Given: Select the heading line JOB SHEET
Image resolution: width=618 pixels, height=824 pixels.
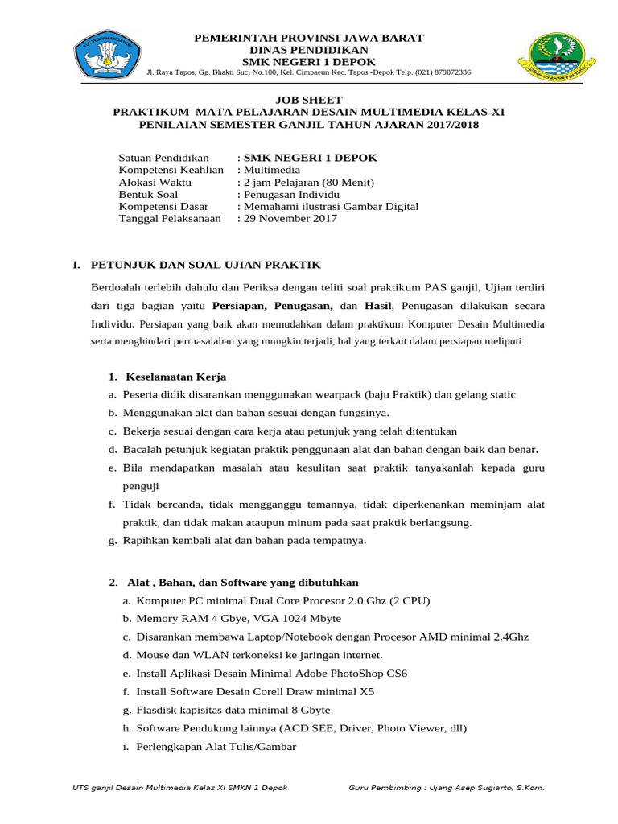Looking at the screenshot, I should [x=310, y=99].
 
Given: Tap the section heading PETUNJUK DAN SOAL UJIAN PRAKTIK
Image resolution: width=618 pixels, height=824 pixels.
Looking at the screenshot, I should [x=205, y=264].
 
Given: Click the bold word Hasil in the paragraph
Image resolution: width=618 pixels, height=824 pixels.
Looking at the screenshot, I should [x=378, y=306].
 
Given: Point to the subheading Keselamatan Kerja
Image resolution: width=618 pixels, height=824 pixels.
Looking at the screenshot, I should [x=175, y=377].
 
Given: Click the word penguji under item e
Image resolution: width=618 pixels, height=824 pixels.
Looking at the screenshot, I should [x=141, y=485].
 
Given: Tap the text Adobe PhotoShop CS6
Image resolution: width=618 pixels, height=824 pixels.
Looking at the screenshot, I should [x=355, y=673].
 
